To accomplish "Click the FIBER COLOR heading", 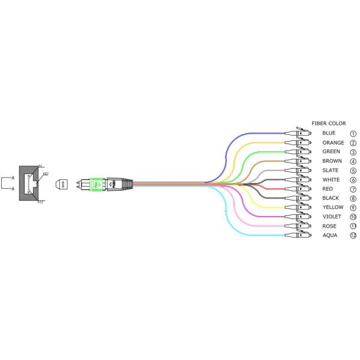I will click(328, 124).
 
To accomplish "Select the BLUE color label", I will click(329, 133).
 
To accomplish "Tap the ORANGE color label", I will click(333, 143).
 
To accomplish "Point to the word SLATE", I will click(330, 170).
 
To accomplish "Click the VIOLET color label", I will click(331, 217).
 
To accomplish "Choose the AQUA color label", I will click(330, 235).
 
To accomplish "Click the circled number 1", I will click(353, 134).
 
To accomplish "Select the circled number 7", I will click(353, 189).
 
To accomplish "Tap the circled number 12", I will click(353, 236).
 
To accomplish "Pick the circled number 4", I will click(353, 161).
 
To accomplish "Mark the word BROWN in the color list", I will click(331, 161).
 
